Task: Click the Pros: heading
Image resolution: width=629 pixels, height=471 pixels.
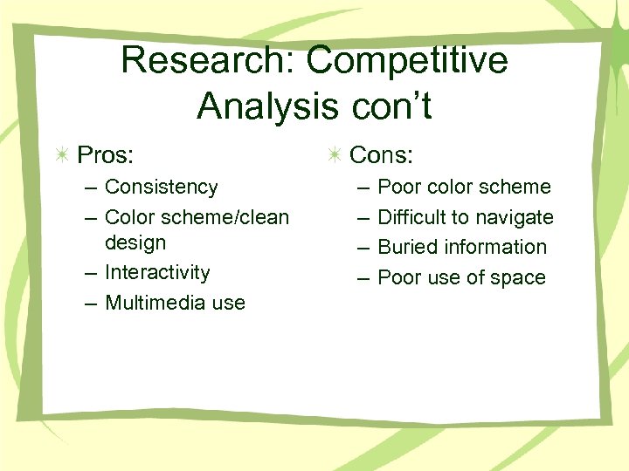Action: [106, 155]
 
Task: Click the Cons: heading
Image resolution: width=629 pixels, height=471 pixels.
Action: [381, 155]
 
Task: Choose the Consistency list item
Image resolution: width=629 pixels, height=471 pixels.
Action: [162, 187]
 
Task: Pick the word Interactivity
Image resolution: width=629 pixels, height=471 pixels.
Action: [157, 272]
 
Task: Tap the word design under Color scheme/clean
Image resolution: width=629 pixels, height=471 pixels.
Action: [135, 242]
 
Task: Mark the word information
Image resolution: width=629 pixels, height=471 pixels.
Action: [494, 247]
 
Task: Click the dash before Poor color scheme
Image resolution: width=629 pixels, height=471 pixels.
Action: [361, 188]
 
